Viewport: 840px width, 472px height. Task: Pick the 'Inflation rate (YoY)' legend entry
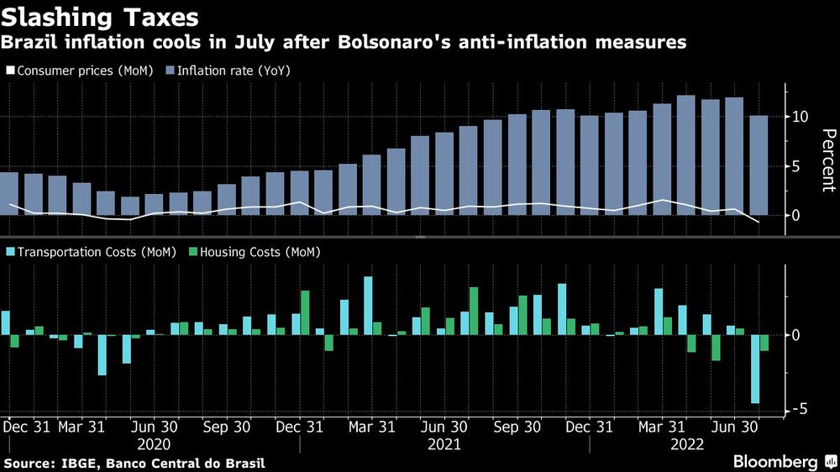tap(231, 71)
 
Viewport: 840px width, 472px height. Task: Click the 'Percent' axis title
tap(827, 160)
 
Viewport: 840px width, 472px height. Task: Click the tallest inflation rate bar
tap(685, 155)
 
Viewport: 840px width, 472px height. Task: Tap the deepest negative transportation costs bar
tap(755, 369)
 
